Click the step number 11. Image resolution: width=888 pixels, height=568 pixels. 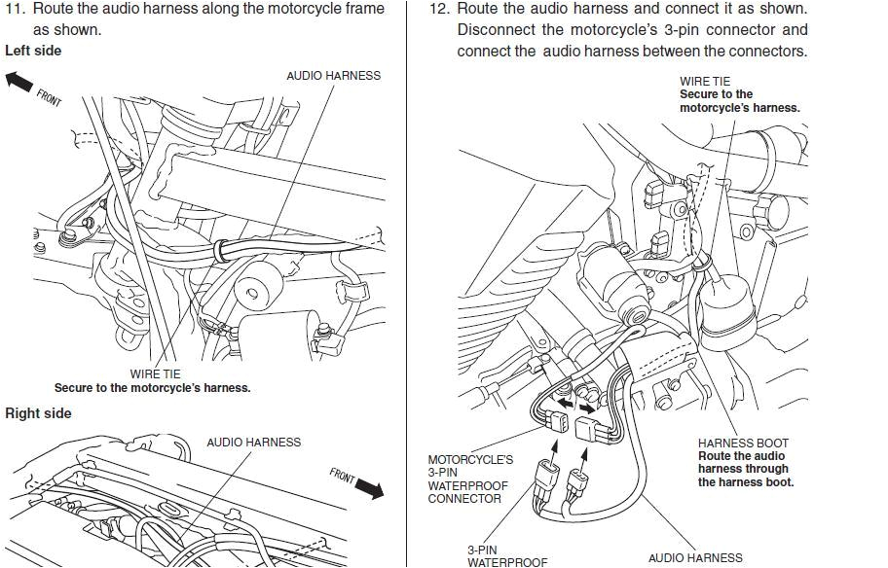pos(16,9)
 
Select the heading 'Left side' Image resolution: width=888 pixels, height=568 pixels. pos(33,51)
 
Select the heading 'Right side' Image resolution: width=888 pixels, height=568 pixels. pos(38,413)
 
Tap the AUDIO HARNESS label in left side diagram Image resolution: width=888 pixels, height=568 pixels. pos(333,76)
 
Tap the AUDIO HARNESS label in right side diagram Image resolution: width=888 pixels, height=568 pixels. pos(253,443)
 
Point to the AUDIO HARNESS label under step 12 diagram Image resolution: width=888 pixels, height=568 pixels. pos(694,558)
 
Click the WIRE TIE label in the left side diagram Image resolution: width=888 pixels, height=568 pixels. pos(155,373)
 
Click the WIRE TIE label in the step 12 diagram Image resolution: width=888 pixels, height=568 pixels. pos(704,82)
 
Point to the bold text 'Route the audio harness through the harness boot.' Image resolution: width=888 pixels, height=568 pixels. pos(745,469)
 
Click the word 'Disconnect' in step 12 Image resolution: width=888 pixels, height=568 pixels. pos(498,30)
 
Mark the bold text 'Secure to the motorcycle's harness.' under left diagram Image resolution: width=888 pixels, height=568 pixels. pos(152,388)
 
